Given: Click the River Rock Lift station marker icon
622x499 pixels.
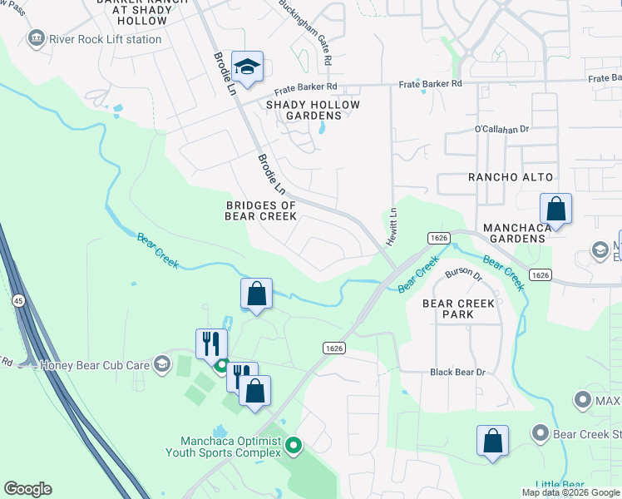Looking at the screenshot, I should coord(36,38).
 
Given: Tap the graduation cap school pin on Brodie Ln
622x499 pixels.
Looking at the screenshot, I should coord(247,67).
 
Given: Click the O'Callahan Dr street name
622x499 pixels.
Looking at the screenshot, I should coord(501,129).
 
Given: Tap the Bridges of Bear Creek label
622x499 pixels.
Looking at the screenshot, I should coord(261,210).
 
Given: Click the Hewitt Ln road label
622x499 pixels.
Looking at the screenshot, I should coord(392,227).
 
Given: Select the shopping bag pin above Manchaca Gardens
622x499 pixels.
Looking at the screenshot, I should coord(555,209).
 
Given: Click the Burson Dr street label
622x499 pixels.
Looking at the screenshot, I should coord(464,274).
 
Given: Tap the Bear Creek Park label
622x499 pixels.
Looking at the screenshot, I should coord(458,309).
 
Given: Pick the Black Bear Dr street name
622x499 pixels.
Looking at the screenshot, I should coord(457,372).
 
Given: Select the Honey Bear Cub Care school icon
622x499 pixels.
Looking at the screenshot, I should coord(160,363).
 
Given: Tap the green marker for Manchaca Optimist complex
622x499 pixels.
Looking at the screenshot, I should coord(293,447).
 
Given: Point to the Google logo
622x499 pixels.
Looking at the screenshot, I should coord(28,489).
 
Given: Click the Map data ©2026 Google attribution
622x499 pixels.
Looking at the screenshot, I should coord(570,492).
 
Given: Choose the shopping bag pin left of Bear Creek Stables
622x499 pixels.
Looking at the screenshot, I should coord(492,442).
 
